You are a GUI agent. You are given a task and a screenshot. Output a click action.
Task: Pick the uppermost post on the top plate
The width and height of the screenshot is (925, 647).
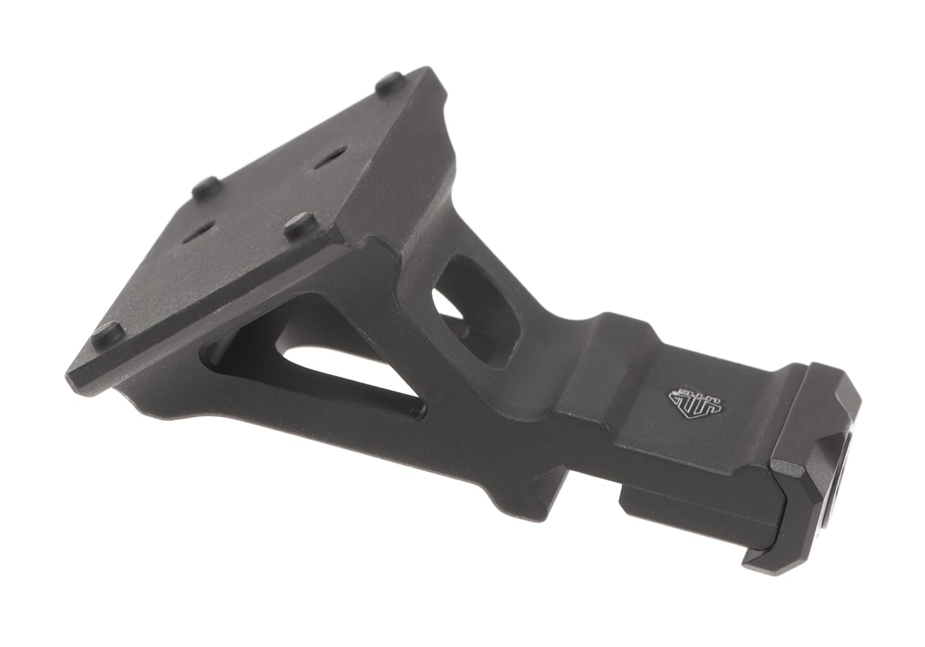(385, 85)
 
